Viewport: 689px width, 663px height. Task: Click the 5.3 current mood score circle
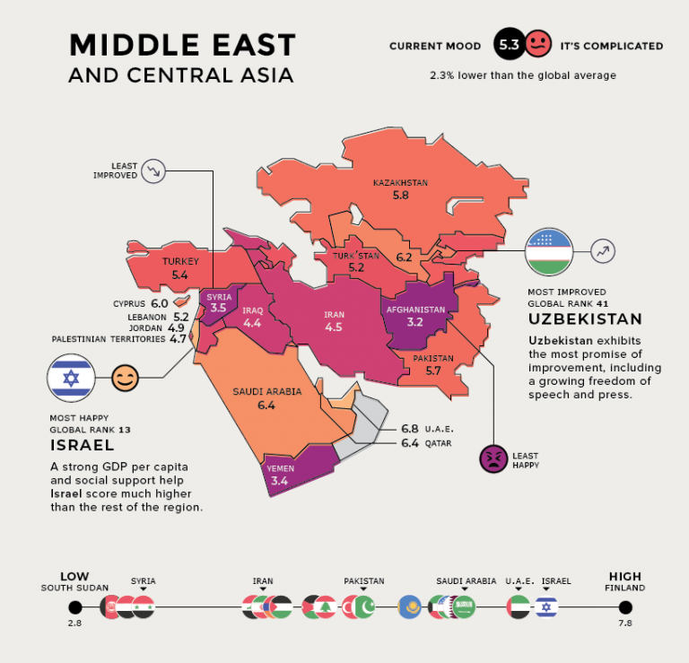[x=508, y=44]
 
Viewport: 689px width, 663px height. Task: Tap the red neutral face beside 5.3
[x=536, y=44]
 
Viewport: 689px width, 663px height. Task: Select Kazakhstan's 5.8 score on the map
[x=400, y=195]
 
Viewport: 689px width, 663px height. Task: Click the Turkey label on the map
[x=179, y=262]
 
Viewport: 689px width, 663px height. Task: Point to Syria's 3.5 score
[x=219, y=308]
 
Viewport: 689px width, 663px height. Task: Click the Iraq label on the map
[x=252, y=310]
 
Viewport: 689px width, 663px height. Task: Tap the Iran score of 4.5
[x=334, y=327]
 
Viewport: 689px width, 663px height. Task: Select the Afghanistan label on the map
[x=414, y=310]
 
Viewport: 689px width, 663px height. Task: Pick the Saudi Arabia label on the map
[x=266, y=392]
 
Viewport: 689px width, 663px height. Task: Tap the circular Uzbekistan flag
[x=550, y=252]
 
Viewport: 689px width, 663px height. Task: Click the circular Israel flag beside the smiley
[x=71, y=379]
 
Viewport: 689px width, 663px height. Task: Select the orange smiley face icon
[x=126, y=379]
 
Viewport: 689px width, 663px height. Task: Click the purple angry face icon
[x=493, y=458]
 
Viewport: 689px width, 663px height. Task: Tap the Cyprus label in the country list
[x=129, y=303]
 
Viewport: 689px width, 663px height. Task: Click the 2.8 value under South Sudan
[x=74, y=622]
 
